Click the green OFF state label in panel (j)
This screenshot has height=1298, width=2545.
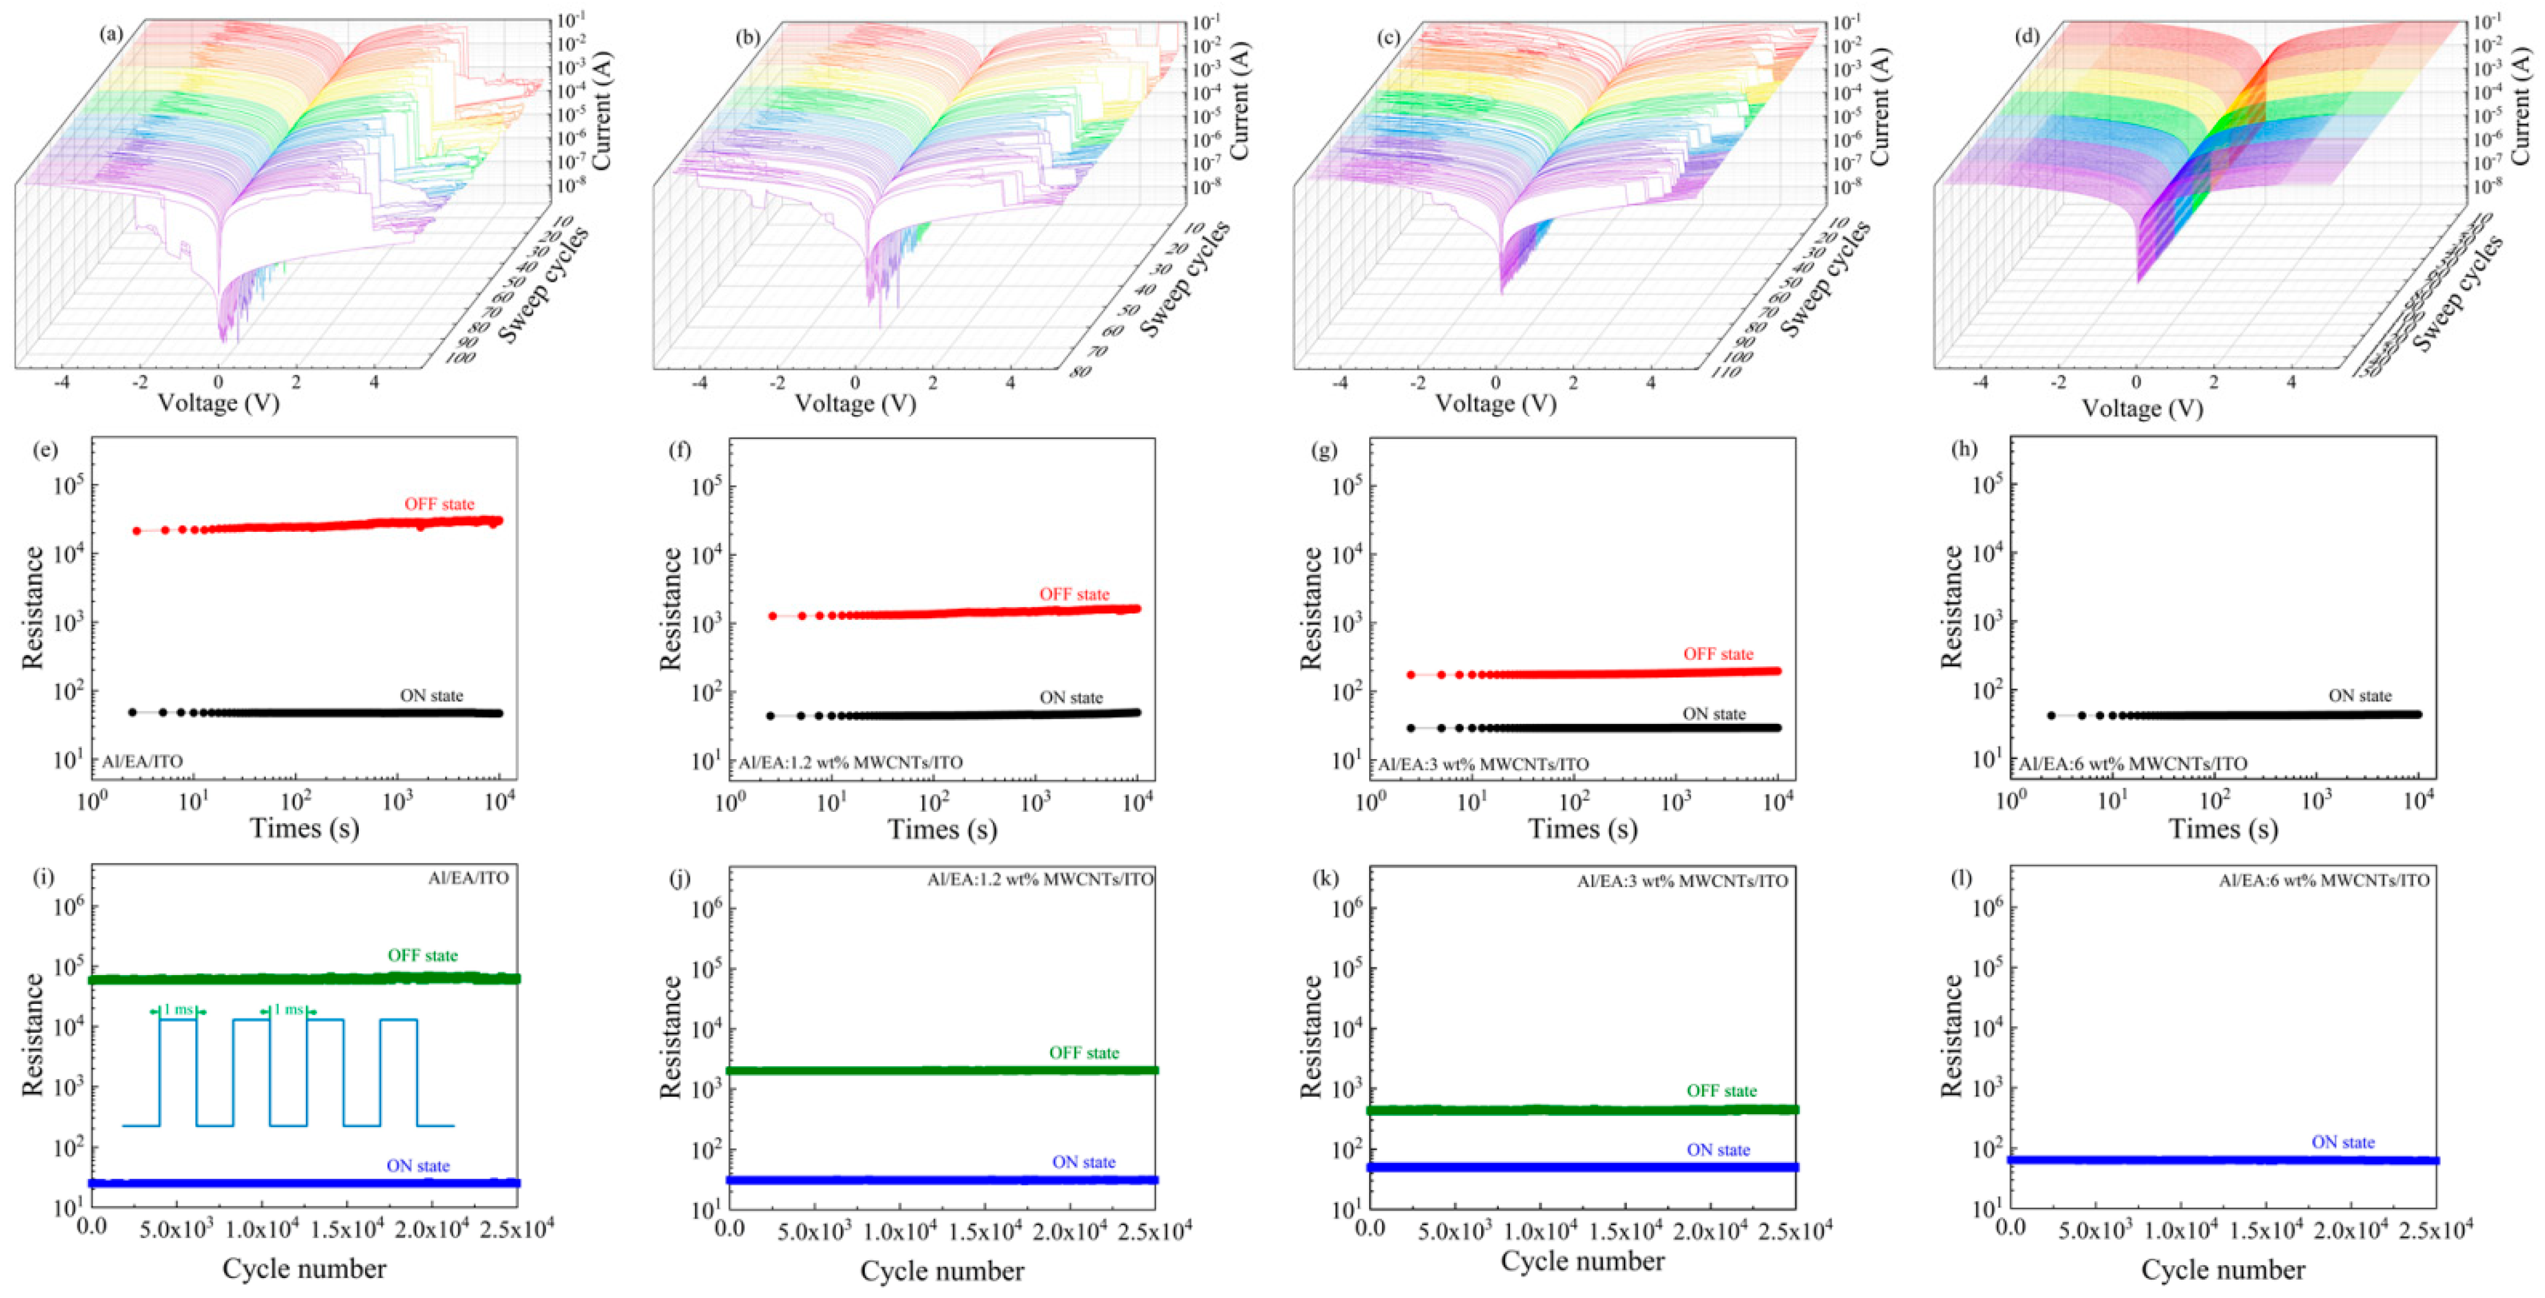tap(1084, 1053)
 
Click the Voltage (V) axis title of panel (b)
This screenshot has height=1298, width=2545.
tap(855, 403)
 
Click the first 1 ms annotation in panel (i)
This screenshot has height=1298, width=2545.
tap(178, 1010)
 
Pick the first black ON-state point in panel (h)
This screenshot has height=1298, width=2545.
tap(2051, 715)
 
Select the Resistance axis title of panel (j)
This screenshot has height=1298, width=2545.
tap(672, 1037)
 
